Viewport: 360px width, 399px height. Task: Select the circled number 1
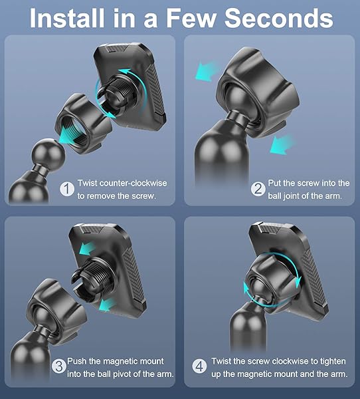click(67, 189)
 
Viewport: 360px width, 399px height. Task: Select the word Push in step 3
click(78, 362)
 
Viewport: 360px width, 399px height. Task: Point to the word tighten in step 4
click(327, 362)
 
